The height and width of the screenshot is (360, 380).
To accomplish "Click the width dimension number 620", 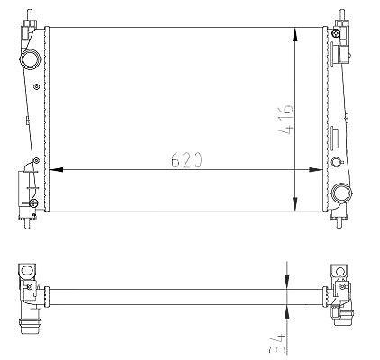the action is click(x=186, y=159).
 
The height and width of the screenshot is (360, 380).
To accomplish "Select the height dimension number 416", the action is click(x=285, y=119).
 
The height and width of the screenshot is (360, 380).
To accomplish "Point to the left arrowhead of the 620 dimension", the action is click(x=56, y=170).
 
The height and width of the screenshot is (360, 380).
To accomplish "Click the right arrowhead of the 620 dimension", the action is click(x=316, y=170).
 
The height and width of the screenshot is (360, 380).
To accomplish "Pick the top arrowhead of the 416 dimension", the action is click(x=295, y=34).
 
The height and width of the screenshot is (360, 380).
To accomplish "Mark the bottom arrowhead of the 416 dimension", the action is click(x=295, y=204).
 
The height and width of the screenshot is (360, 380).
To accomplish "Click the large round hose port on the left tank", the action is click(x=30, y=59).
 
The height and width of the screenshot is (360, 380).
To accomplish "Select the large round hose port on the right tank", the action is click(x=341, y=193).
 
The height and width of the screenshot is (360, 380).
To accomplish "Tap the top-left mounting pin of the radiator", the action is click(x=30, y=14).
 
